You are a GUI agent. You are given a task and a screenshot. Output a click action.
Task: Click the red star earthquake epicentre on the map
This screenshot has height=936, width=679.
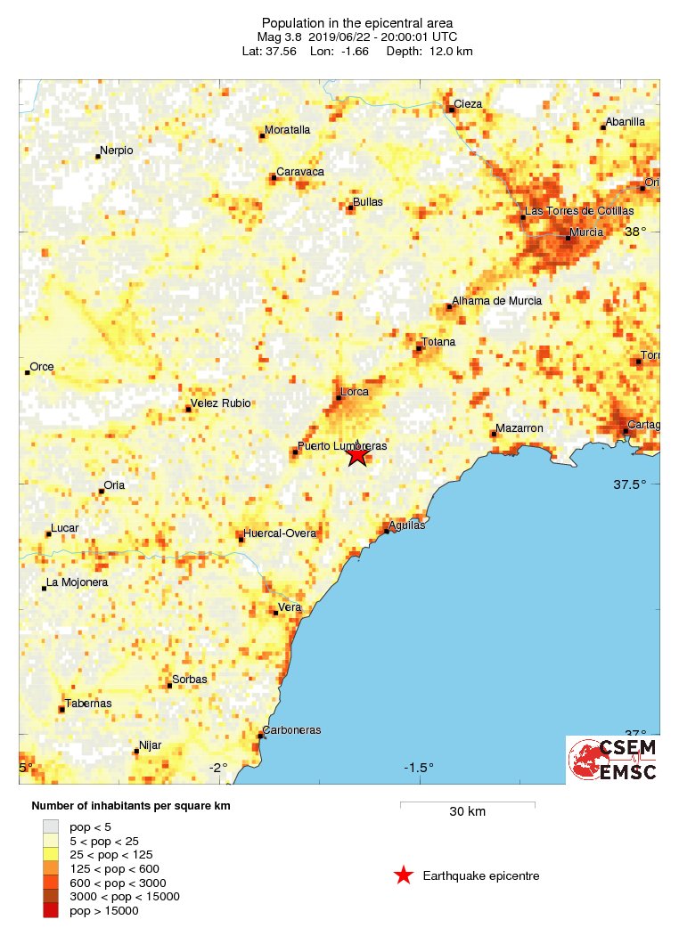357,455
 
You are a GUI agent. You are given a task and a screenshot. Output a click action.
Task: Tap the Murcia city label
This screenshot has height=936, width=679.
586,232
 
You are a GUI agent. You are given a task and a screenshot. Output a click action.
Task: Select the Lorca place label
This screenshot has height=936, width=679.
355,392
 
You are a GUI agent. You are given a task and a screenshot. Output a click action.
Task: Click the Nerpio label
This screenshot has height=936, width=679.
116,151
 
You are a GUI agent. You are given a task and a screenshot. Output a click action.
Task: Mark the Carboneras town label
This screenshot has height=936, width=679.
291,730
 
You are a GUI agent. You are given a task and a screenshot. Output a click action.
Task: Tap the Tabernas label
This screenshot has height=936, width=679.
88,703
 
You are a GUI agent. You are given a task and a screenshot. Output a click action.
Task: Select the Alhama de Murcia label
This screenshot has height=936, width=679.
496,301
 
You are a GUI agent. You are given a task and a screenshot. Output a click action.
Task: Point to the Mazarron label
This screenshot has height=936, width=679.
519,428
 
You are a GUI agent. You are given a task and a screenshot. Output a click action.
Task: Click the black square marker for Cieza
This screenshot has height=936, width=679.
452,110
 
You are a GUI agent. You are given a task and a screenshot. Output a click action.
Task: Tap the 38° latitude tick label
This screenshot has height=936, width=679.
635,232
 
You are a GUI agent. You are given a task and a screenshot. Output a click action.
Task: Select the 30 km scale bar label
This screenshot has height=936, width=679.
467,811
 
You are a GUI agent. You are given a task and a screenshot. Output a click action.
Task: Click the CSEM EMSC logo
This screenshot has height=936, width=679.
613,760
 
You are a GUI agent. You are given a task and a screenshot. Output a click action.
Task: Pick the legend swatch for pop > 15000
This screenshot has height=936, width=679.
51,910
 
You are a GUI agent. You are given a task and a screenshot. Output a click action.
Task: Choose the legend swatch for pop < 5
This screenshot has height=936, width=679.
51,826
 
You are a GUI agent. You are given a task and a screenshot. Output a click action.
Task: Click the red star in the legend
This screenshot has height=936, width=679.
404,875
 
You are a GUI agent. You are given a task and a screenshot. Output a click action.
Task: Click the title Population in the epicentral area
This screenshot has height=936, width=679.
356,23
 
